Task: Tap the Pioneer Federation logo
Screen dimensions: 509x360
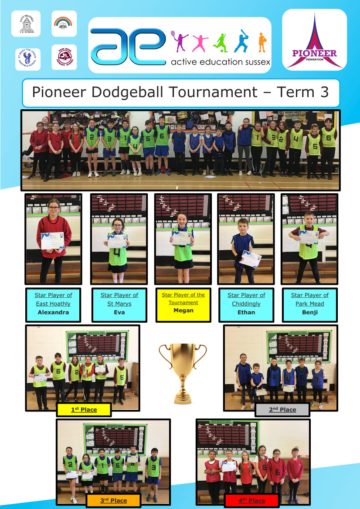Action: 314,40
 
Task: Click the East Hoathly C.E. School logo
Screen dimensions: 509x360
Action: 26,24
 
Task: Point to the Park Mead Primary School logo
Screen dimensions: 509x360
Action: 64,57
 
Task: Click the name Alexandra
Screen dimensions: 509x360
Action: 53,312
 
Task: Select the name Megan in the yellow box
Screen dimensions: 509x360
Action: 183,310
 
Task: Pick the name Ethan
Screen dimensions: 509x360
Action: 246,312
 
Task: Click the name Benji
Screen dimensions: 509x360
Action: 309,312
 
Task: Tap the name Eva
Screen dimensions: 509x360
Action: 119,312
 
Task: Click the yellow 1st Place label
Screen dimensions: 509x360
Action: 84,410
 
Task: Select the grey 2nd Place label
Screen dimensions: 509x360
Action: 282,410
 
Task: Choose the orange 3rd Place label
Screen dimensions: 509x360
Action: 113,501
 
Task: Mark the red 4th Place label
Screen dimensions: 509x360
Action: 251,501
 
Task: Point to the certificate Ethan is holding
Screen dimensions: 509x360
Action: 251,259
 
